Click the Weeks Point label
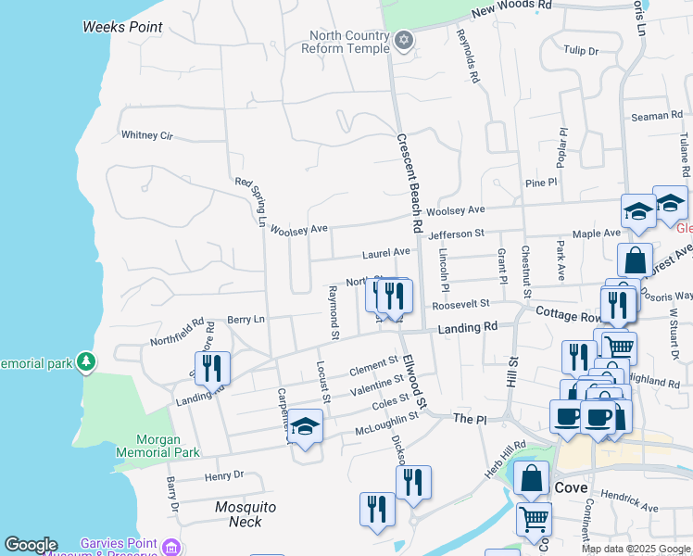click(122, 27)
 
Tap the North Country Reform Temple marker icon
click(402, 41)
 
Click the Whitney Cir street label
click(147, 135)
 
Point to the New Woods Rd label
click(510, 8)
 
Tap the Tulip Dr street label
click(581, 51)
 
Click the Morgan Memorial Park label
click(157, 446)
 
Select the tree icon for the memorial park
click(86, 360)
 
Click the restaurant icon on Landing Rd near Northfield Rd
click(212, 368)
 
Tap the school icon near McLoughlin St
click(305, 427)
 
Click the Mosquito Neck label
click(246, 514)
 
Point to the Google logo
click(31, 545)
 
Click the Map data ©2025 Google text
click(635, 549)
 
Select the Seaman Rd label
click(656, 116)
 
